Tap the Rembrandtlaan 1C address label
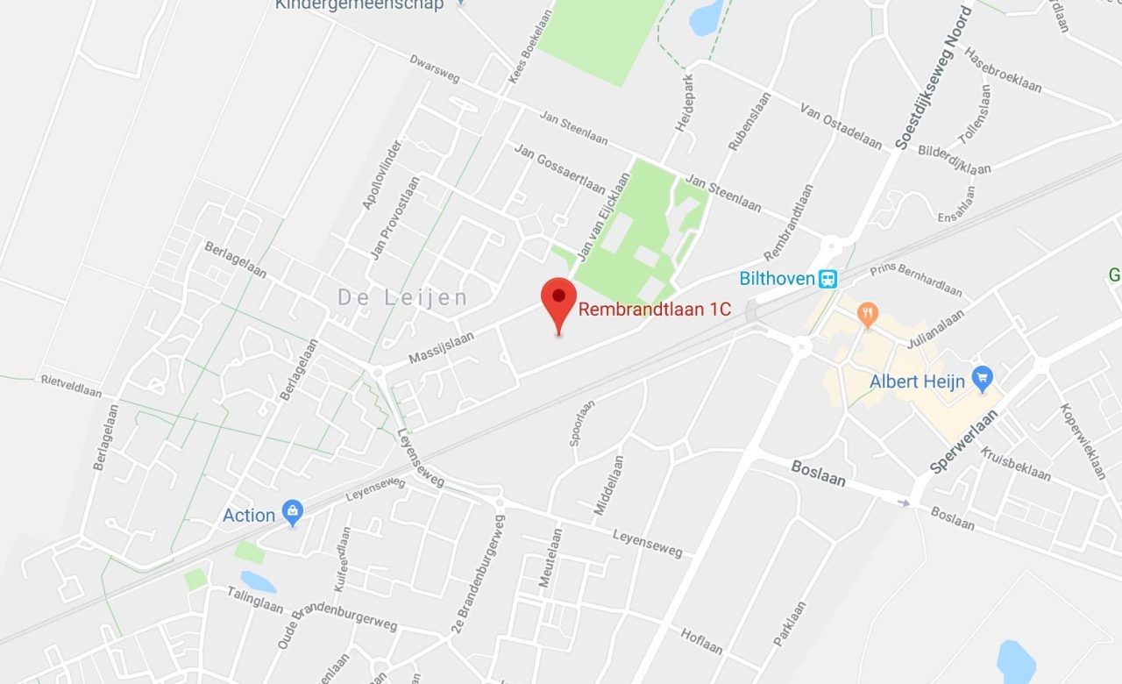(x=655, y=310)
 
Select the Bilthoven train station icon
(x=827, y=279)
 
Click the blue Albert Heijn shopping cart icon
(x=982, y=379)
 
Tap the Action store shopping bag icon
(x=293, y=513)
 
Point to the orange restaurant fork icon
(x=868, y=313)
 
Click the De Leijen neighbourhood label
(x=403, y=298)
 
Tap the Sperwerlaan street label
(x=963, y=441)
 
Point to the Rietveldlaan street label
(x=71, y=385)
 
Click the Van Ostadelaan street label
(x=841, y=125)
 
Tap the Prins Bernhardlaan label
(x=916, y=279)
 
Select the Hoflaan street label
(x=701, y=641)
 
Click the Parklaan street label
(x=790, y=623)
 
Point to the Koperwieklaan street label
(x=1083, y=441)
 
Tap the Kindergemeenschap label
(x=359, y=4)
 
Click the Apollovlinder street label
(x=382, y=174)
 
